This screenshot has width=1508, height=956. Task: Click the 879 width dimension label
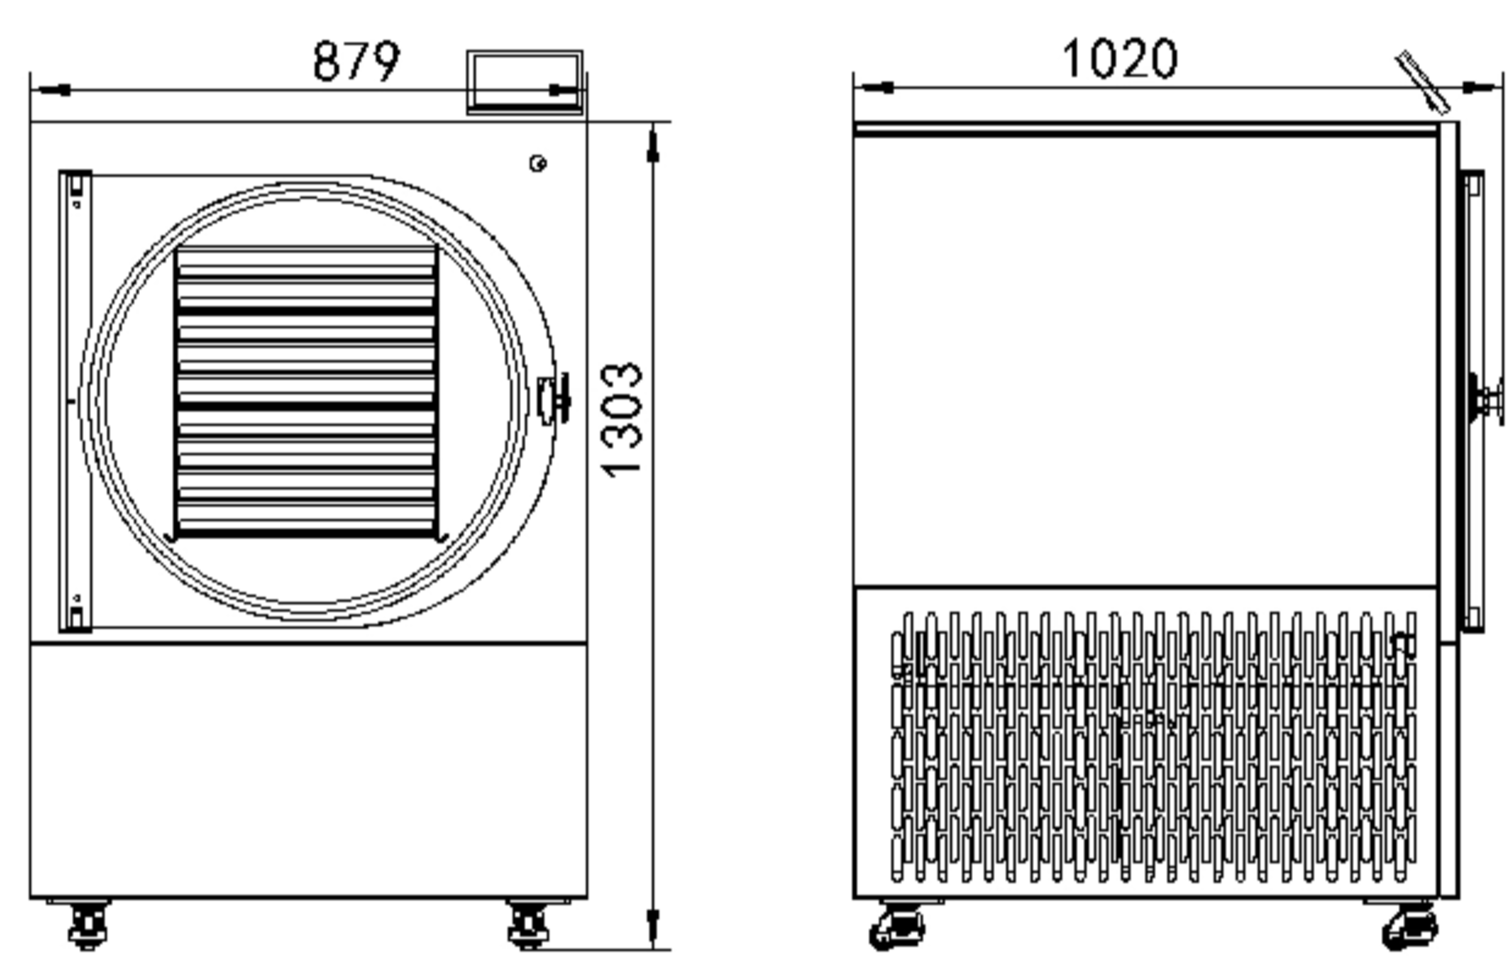(357, 61)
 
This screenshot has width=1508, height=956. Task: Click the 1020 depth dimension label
(1120, 59)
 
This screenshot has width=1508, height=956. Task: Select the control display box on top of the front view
(524, 82)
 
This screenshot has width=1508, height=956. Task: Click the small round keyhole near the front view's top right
(537, 164)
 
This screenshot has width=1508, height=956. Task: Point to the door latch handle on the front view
(555, 399)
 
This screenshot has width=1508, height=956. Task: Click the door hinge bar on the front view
(75, 401)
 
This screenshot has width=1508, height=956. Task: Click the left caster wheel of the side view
(897, 926)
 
